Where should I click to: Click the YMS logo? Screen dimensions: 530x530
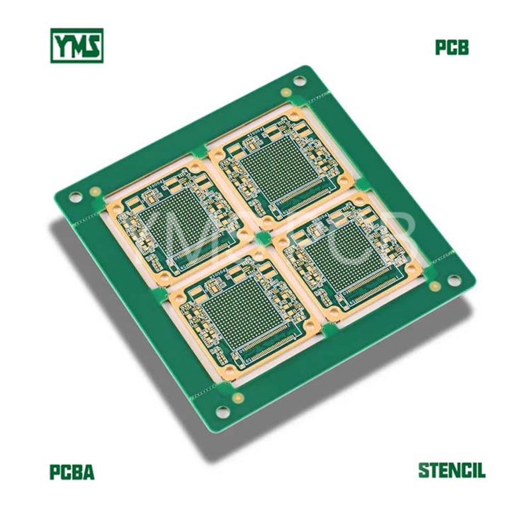pos(78,46)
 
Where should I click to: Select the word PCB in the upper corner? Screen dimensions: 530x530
pos(452,48)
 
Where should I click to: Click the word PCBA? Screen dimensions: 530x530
pos(72,473)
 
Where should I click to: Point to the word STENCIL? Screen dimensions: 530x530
pos(451,471)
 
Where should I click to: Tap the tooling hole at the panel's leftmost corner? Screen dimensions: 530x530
pos(77,197)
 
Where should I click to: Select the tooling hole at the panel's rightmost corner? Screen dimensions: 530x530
pos(454,280)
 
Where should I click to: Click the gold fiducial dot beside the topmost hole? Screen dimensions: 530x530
pos(286,91)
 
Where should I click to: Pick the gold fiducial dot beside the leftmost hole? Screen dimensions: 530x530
pos(95,191)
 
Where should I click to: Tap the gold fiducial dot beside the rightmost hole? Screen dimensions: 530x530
pos(435,286)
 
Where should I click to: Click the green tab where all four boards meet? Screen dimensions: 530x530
pos(263,237)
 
